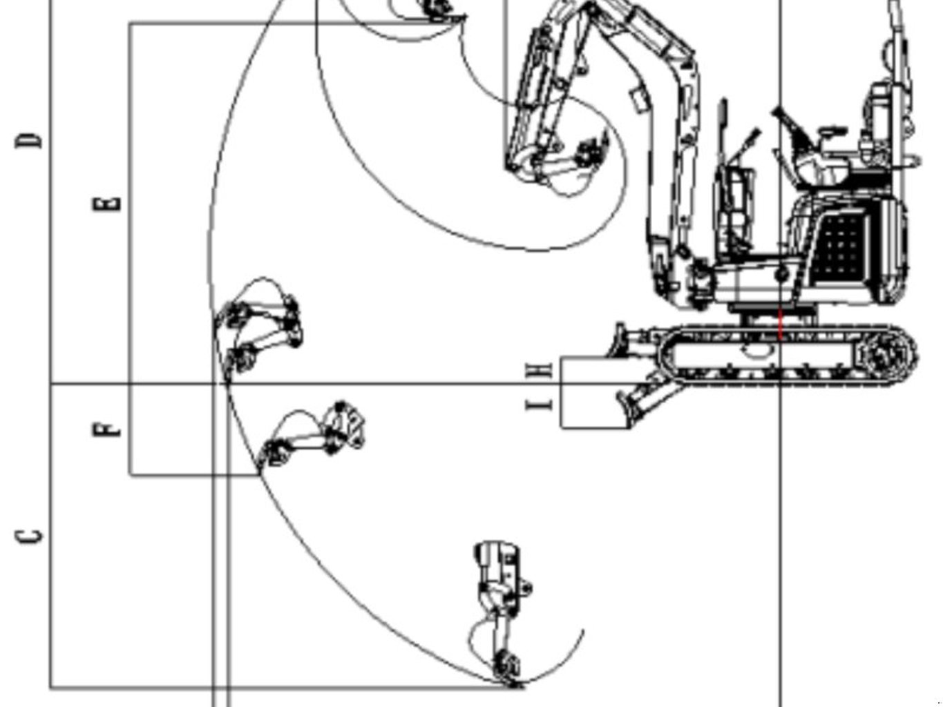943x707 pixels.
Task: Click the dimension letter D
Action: pyautogui.click(x=29, y=140)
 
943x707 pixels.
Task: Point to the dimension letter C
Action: pyautogui.click(x=29, y=536)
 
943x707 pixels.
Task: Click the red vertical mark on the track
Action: pyautogui.click(x=781, y=325)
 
